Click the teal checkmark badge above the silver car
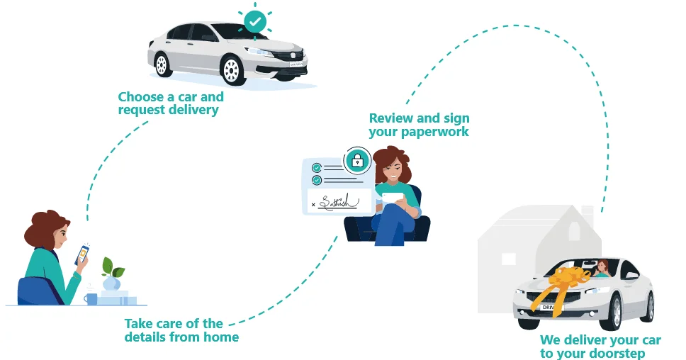click(255, 22)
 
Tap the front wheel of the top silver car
click(231, 69)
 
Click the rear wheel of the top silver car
click(162, 65)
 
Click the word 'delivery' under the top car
click(193, 110)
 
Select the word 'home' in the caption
click(220, 337)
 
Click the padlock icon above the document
click(359, 161)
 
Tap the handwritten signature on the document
click(337, 203)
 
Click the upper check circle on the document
click(317, 167)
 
